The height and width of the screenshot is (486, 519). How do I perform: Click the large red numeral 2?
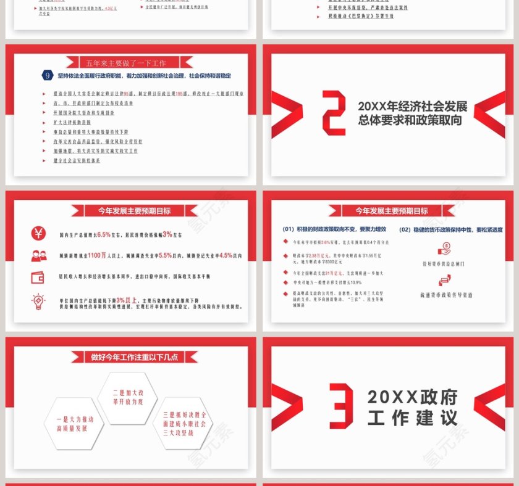tap(334, 112)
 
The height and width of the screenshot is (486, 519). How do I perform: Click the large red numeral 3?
tap(341, 405)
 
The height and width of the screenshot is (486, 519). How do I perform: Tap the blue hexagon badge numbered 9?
tap(48, 75)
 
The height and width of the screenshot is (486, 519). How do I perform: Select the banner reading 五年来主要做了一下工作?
tap(126, 63)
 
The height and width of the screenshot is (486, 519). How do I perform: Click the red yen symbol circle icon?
tap(38, 234)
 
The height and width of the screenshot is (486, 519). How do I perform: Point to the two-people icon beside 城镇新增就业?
tap(38, 255)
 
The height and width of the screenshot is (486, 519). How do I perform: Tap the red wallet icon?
tap(38, 277)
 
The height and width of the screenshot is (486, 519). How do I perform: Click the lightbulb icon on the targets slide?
tap(38, 302)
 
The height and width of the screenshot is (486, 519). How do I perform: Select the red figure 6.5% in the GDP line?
tap(104, 234)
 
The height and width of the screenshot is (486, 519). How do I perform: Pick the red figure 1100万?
tap(98, 255)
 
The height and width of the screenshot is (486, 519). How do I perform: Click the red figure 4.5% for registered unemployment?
tap(226, 255)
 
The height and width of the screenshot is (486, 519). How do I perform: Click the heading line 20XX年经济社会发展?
tap(412, 105)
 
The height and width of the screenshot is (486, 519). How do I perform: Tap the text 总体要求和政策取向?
tap(410, 121)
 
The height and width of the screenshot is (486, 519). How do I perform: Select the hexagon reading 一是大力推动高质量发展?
tap(67, 423)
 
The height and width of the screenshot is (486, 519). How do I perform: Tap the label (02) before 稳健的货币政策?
tap(405, 229)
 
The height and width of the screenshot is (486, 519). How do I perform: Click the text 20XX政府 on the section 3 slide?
tap(412, 396)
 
